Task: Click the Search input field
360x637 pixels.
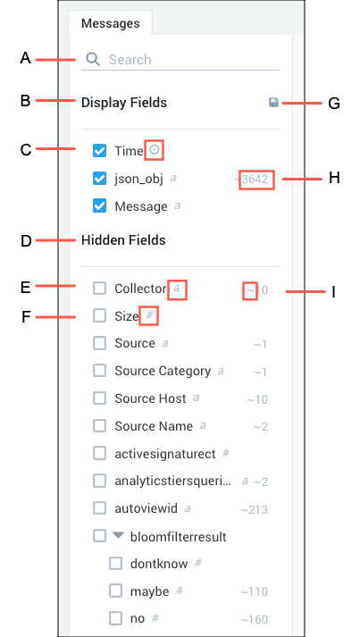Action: [192, 60]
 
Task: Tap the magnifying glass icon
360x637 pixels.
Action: [92, 60]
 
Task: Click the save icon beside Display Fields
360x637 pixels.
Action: [273, 103]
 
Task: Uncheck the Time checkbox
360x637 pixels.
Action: [100, 151]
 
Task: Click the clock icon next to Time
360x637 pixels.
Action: [154, 150]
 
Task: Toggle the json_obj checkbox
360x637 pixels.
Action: [100, 179]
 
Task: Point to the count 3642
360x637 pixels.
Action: [255, 179]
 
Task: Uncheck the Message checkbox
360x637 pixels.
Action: [100, 206]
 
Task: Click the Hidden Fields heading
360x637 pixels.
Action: [123, 240]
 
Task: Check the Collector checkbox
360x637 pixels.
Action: [100, 289]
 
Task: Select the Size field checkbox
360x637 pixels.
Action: [100, 315]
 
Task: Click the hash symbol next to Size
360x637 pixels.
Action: [149, 315]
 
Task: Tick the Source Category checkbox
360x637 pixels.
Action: [100, 371]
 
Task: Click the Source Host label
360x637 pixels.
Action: [150, 398]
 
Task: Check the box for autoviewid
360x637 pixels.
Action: [100, 508]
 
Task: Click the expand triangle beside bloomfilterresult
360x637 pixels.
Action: [118, 536]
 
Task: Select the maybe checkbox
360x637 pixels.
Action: [116, 591]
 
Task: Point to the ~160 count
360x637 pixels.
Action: [254, 619]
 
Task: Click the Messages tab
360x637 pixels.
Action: [111, 22]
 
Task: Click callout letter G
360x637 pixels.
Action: [334, 103]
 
